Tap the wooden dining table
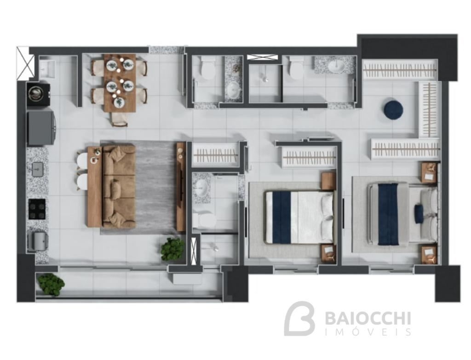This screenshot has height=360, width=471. tap(120, 83)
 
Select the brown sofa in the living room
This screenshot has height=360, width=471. tap(119, 186)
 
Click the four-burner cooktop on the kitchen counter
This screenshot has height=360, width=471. tap(37, 209)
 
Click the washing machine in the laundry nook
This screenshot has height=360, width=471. tap(38, 93)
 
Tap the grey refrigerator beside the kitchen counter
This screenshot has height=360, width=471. tap(41, 128)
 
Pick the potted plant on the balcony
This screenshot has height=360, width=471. tap(51, 284)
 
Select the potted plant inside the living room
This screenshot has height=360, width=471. tap(172, 249)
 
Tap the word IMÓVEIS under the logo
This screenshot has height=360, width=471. tap(368, 332)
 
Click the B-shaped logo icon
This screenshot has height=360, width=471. tap(299, 319)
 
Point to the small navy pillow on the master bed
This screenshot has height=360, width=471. tap(419, 213)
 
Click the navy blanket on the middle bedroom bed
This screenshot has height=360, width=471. tap(281, 217)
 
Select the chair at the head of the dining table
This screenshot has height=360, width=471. tap(120, 119)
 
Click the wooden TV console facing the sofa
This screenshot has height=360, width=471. tap(181, 187)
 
